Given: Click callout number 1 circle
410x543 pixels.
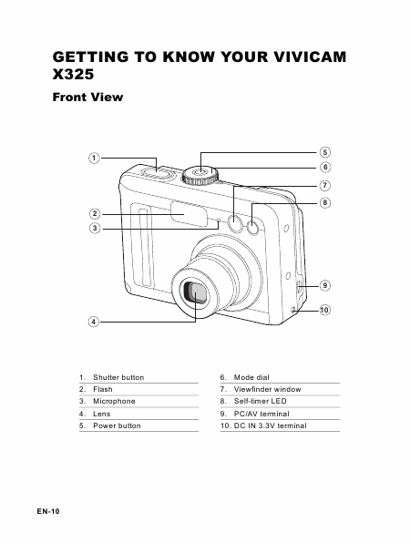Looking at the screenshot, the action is coord(94,159).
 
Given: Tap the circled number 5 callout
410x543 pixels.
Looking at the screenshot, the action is coord(325,152).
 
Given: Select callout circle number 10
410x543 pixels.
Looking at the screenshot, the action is coord(324,310).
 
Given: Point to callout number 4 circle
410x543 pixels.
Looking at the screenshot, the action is coord(94,322).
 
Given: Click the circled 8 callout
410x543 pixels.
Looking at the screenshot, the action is coord(325,202).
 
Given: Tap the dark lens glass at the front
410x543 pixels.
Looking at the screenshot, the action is coord(196,293).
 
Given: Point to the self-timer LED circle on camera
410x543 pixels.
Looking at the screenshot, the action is coord(252,228).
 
